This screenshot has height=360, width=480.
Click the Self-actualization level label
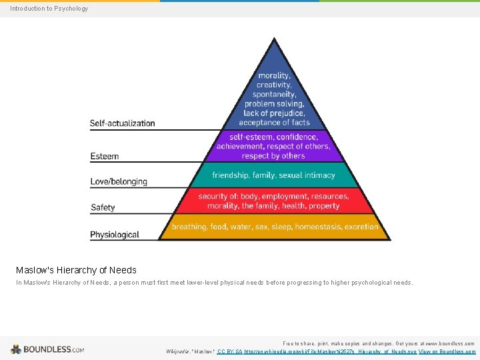tap(122, 123)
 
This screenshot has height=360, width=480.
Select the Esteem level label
tap(105, 157)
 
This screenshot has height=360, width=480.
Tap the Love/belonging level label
tap(119, 181)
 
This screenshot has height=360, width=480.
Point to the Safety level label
tap(103, 207)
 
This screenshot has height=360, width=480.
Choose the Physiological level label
tap(115, 235)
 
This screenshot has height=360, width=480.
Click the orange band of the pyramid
tap(274, 227)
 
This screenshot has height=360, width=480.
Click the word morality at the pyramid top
tap(274, 76)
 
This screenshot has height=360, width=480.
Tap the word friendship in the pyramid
tap(230, 175)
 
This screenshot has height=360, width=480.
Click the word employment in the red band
tap(285, 197)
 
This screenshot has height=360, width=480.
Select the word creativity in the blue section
tap(274, 85)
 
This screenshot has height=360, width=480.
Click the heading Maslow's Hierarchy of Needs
tap(76, 270)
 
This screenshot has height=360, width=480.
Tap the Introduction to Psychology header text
tap(49, 9)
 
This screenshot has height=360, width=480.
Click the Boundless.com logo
tap(47, 349)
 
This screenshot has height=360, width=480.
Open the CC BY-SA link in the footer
tap(229, 351)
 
